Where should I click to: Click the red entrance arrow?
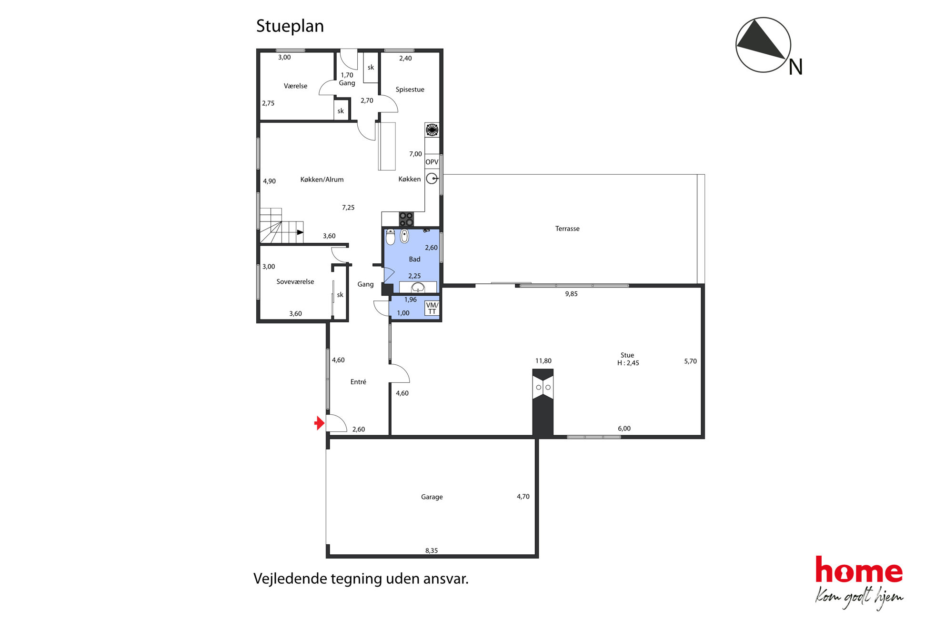pos(319,423)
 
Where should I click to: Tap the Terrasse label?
pos(567,229)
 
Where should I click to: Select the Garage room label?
pos(432,497)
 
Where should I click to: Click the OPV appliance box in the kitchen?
pos(432,162)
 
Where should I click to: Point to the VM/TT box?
pos(432,308)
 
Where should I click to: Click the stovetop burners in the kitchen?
pos(406,219)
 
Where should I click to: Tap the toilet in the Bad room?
pos(391,237)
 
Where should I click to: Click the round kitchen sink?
pos(432,179)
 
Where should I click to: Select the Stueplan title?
pos(290,26)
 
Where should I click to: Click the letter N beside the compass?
pos(795,67)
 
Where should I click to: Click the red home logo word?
pos(859,570)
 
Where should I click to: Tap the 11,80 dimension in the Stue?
pos(543,361)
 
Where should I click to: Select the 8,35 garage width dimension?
pos(432,550)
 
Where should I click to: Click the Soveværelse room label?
pos(295,282)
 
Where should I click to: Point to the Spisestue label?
pos(410,90)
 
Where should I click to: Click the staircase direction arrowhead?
pos(300,232)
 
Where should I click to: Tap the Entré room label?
pos(358,382)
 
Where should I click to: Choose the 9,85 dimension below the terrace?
pos(571,294)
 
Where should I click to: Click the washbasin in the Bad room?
pos(418,287)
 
